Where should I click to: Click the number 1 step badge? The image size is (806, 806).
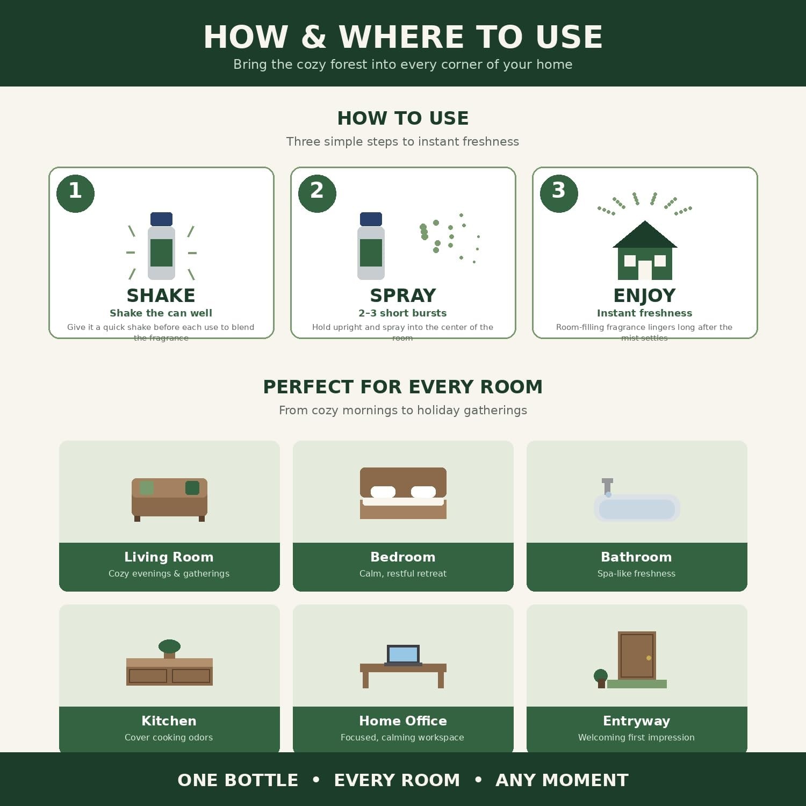click(75, 193)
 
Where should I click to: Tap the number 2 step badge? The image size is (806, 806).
click(317, 193)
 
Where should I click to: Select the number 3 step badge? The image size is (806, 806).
click(559, 193)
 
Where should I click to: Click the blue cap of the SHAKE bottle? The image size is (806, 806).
click(161, 219)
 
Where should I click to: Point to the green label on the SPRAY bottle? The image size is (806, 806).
click(371, 253)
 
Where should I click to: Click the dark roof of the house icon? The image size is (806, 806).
click(645, 234)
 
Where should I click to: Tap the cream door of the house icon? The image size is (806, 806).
click(645, 270)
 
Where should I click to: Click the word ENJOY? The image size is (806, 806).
click(644, 296)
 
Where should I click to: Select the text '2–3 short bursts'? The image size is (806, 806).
click(402, 313)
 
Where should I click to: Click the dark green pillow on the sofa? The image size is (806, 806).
click(192, 488)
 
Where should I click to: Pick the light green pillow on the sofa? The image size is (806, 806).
click(147, 488)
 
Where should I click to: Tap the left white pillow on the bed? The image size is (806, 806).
click(383, 492)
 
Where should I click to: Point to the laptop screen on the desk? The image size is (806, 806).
click(403, 654)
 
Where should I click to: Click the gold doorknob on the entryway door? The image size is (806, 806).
click(649, 658)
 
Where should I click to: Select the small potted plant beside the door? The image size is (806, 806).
click(601, 679)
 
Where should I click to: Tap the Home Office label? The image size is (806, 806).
click(403, 721)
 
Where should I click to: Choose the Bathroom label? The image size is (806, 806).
click(636, 557)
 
